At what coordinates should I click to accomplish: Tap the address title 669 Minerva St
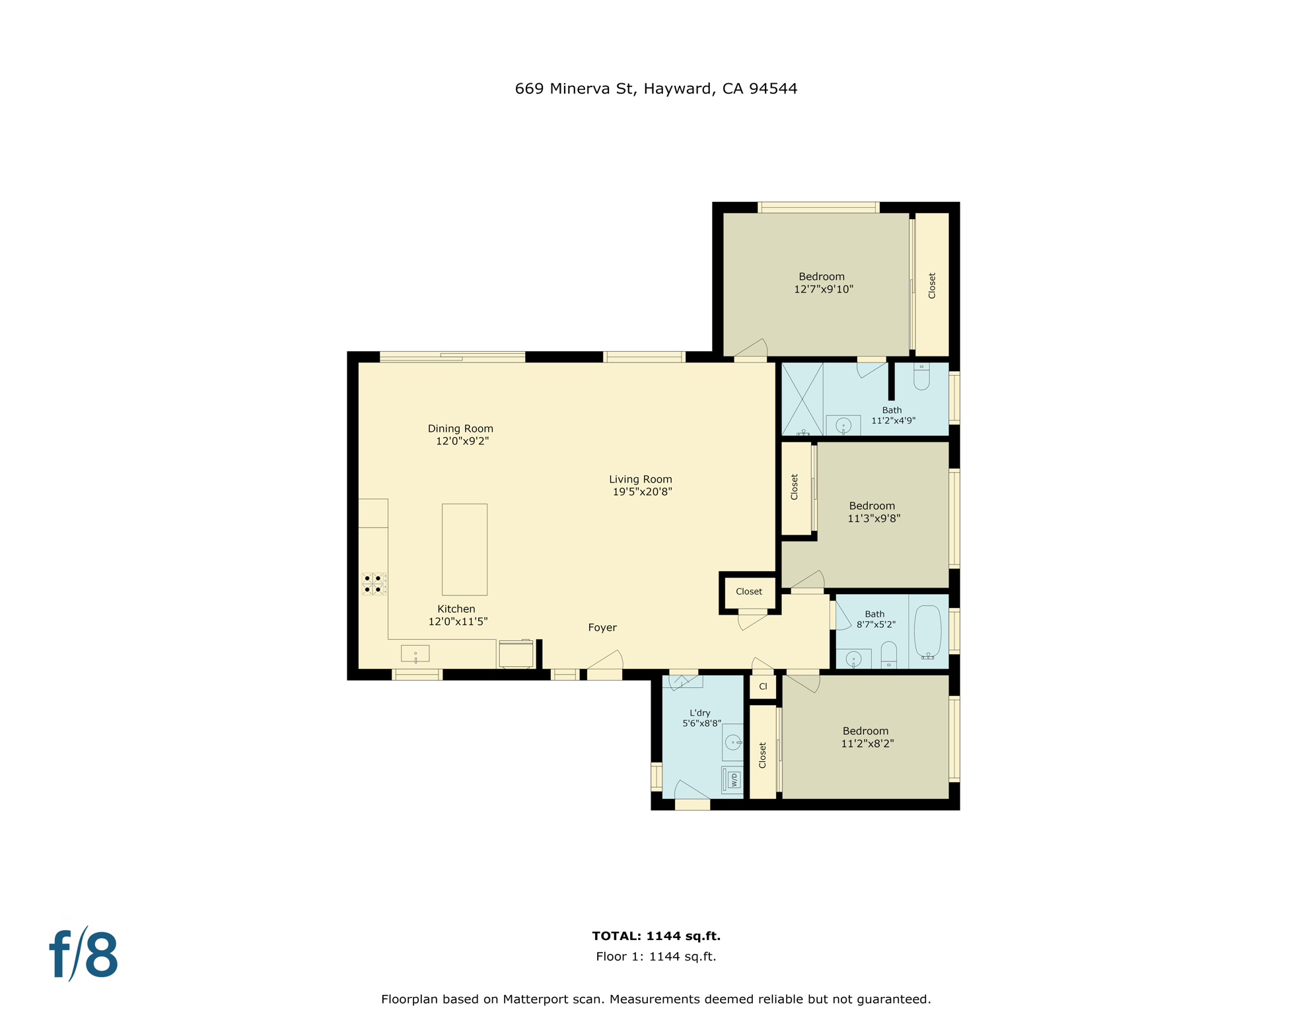[x=655, y=88]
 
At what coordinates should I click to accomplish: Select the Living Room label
[x=640, y=479]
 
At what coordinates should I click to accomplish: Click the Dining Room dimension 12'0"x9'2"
[x=462, y=441]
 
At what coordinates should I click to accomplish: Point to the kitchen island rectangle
[x=464, y=549]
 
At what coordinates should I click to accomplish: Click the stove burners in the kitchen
[x=373, y=584]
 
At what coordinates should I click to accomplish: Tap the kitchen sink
[x=415, y=654]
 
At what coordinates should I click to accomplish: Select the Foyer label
[x=602, y=627]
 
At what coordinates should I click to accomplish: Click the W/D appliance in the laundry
[x=732, y=780]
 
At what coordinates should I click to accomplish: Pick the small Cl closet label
[x=763, y=687]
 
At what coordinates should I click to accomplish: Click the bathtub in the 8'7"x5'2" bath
[x=927, y=631]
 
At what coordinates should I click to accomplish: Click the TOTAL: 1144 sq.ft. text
[x=655, y=935]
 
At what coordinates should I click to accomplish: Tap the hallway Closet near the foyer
[x=748, y=591]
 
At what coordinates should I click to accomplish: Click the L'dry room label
[x=700, y=713]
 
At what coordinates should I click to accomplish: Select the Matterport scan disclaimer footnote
[x=655, y=999]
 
